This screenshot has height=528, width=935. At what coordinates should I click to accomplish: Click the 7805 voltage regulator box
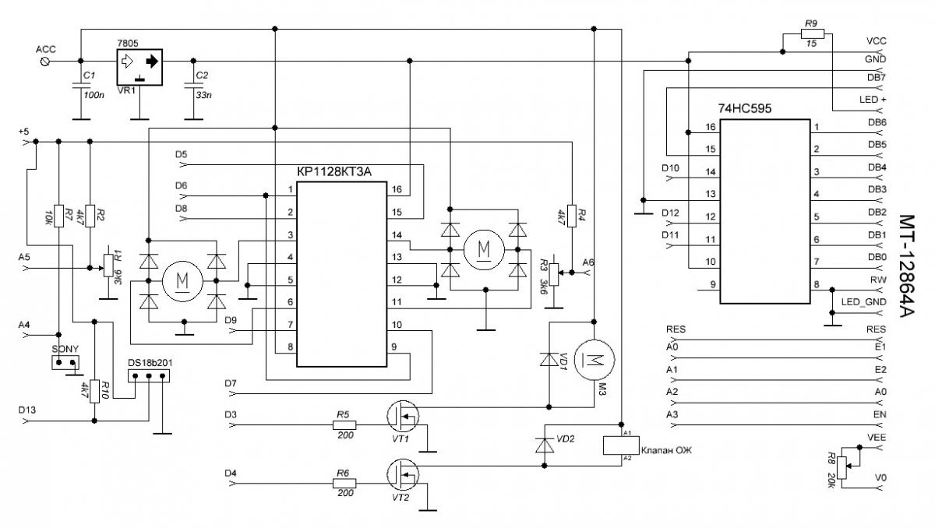click(139, 68)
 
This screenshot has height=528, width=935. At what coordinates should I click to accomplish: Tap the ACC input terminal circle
click(46, 62)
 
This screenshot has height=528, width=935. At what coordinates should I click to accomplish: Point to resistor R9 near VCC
click(812, 33)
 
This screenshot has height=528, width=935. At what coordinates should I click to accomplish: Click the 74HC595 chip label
click(745, 108)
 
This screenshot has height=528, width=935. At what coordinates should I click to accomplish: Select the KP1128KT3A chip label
click(334, 171)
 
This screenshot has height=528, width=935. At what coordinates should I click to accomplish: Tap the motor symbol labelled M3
click(595, 360)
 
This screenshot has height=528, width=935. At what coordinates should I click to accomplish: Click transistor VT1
click(403, 416)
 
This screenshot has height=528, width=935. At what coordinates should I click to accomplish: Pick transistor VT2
click(403, 474)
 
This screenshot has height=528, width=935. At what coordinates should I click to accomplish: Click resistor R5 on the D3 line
click(344, 425)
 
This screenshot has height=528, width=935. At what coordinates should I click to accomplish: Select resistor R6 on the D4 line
click(344, 484)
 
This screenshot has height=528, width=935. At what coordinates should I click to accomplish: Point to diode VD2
click(545, 445)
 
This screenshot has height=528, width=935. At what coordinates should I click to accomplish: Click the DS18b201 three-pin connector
click(149, 376)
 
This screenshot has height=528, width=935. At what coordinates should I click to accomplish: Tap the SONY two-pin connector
click(65, 362)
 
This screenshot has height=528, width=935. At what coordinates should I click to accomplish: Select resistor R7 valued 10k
click(59, 216)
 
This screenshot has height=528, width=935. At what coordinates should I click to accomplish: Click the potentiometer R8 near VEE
click(841, 468)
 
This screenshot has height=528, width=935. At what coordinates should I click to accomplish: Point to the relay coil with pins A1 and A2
click(621, 445)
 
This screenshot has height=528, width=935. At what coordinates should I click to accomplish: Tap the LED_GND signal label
click(863, 302)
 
